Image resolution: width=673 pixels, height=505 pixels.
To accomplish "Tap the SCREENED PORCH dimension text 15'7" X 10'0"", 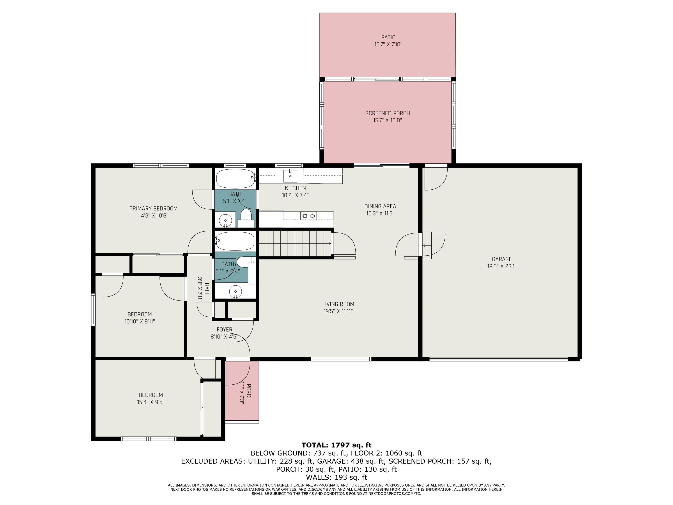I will pyautogui.click(x=387, y=120).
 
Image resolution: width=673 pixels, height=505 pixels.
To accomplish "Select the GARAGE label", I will pyautogui.click(x=501, y=259).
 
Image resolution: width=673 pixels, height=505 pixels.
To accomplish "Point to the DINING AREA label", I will pyautogui.click(x=380, y=206).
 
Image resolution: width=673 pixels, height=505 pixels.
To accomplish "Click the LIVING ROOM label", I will pyautogui.click(x=338, y=304).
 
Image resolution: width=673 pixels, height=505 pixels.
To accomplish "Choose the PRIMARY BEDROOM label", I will pyautogui.click(x=153, y=208).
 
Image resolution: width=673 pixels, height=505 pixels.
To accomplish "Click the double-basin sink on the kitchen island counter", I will pyautogui.click(x=308, y=216).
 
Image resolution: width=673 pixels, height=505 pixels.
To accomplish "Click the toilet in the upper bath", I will pyautogui.click(x=246, y=215).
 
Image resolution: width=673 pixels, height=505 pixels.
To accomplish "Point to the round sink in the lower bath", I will pyautogui.click(x=235, y=292).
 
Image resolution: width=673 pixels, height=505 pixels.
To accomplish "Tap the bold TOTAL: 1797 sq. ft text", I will pyautogui.click(x=336, y=445).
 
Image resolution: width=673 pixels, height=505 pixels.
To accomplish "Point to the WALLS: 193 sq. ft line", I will pyautogui.click(x=336, y=477).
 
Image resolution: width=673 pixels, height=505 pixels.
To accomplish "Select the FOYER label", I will pyautogui.click(x=224, y=330).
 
